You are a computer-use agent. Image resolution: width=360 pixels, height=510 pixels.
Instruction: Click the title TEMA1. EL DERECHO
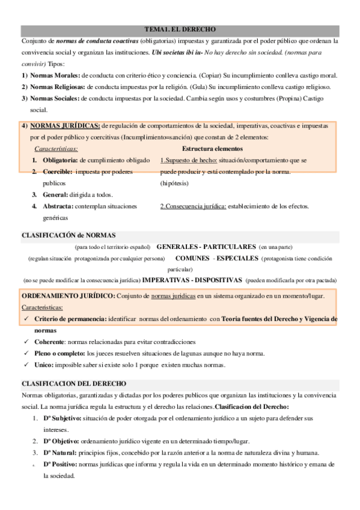point(180,29)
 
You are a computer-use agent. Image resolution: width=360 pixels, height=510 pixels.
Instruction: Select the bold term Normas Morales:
point(55,75)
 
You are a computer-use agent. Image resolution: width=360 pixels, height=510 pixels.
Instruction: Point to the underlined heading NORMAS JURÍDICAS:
point(65,126)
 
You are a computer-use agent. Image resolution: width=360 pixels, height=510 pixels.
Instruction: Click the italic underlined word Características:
point(56,149)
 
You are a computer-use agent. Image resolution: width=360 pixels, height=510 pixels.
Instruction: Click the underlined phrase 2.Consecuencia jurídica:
point(193,207)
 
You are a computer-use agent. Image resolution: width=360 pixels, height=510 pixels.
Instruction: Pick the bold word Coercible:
point(58,172)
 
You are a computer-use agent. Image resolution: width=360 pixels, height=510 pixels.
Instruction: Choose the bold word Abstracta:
point(59,207)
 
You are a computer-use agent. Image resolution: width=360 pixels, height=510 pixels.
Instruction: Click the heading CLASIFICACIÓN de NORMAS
point(69,235)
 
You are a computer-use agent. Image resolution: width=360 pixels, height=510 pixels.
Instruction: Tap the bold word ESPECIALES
point(237,258)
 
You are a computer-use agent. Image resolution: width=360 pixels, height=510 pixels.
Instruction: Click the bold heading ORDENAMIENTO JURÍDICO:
point(69,296)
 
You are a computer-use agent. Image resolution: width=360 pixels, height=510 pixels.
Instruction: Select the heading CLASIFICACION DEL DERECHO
point(74,383)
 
